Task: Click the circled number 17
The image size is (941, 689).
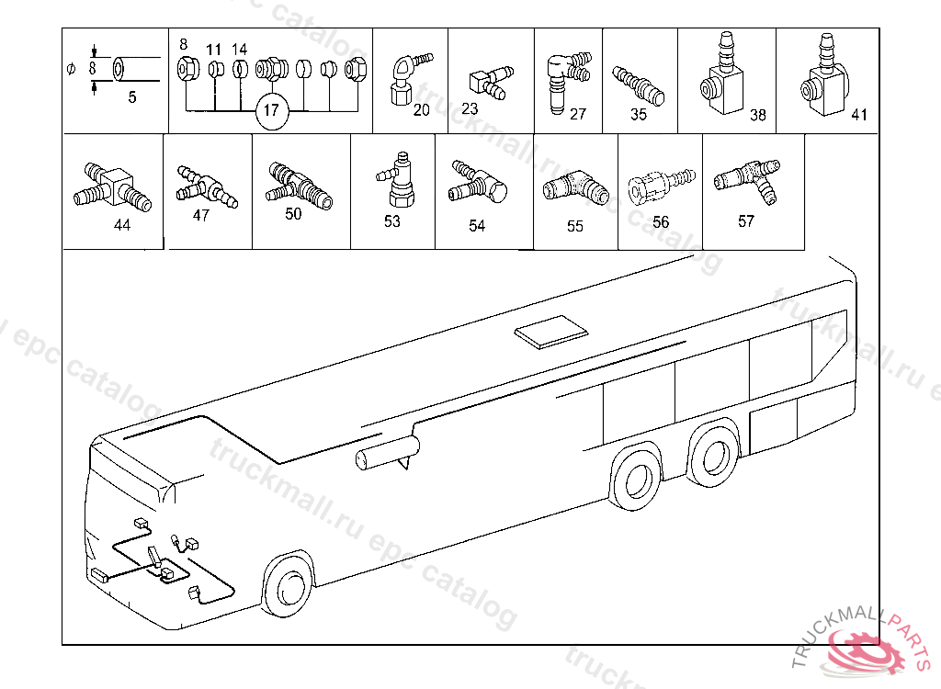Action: [270, 111]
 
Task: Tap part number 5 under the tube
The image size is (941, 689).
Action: [131, 96]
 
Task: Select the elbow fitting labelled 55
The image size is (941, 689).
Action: [574, 186]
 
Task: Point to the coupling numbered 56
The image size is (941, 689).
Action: [654, 185]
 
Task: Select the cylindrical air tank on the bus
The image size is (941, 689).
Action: [386, 453]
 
